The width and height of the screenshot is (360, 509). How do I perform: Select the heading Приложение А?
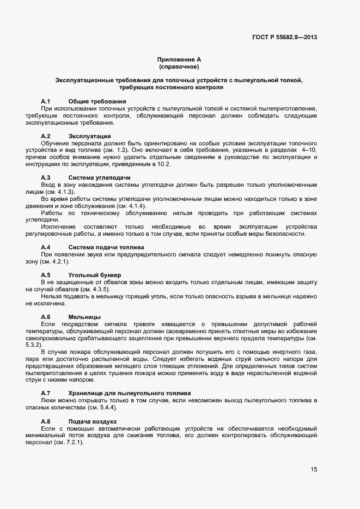[x=179, y=59]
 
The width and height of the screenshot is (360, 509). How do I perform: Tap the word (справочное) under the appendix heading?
[x=179, y=66]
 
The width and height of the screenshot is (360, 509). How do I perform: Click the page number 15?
[x=314, y=469]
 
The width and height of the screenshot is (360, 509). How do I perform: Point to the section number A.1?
[x=46, y=102]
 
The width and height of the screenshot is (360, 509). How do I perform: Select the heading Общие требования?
[x=97, y=102]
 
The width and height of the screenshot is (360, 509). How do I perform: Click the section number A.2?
[x=46, y=136]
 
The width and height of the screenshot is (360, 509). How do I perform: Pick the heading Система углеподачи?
[x=100, y=177]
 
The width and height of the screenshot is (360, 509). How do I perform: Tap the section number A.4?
[x=46, y=247]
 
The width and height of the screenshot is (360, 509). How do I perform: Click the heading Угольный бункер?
[x=95, y=275]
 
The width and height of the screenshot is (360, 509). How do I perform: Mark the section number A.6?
[x=46, y=316]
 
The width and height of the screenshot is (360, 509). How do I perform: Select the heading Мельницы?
[x=84, y=316]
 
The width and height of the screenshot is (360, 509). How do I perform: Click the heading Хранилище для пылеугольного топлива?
[x=130, y=393]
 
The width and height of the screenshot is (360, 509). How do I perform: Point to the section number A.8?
[x=46, y=421]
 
